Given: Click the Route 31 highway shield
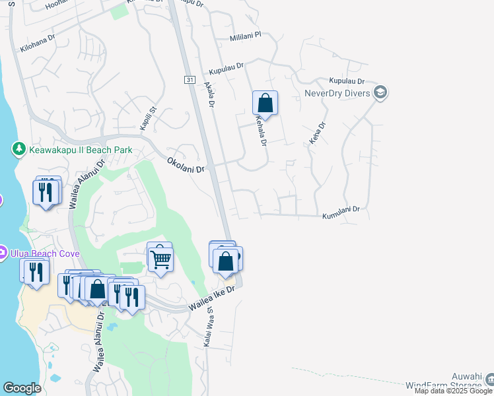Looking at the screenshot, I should (x=190, y=80).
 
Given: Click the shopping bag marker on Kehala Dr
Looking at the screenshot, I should (x=265, y=104).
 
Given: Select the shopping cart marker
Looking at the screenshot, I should (x=160, y=258).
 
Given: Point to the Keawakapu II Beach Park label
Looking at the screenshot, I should (x=81, y=150).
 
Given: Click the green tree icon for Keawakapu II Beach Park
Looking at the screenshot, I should (x=20, y=150).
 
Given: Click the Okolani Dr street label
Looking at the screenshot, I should (x=186, y=165).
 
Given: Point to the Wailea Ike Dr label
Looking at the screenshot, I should (x=212, y=299).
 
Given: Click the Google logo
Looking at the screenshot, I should (x=22, y=388).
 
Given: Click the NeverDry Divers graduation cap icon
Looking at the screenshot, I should (x=380, y=93).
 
